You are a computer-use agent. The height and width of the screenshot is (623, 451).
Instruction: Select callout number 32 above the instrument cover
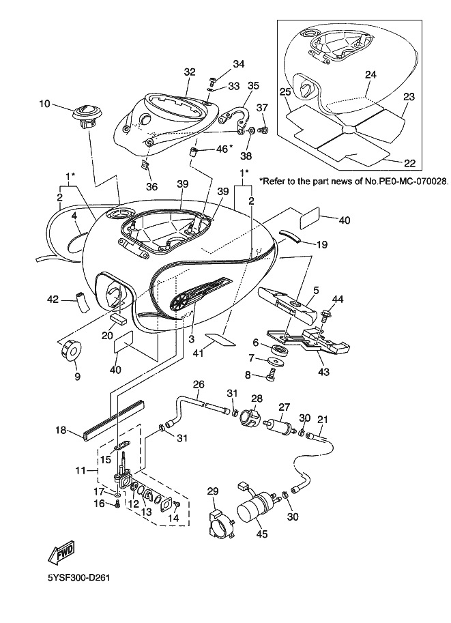190,72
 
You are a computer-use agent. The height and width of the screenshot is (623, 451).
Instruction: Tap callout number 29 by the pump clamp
212,491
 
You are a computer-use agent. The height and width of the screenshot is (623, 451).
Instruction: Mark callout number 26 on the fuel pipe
199,385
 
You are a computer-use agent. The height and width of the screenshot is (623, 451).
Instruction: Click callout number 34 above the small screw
238,64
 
